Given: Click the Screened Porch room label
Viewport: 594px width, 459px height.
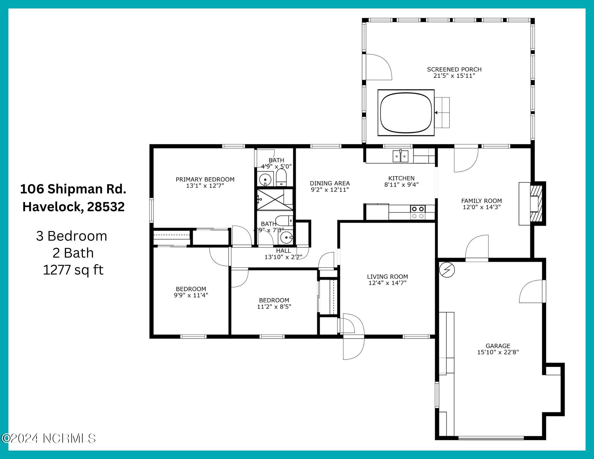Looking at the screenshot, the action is [x=454, y=70].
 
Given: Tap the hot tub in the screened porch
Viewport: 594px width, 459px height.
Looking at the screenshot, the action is [x=406, y=113].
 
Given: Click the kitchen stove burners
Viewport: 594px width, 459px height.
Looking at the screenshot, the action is [x=418, y=212].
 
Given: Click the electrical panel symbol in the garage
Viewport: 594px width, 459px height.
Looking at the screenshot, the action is [x=447, y=270].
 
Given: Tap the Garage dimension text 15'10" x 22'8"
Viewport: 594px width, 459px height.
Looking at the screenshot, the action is [x=498, y=352].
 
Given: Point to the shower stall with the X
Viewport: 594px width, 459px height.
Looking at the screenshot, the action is [x=275, y=199].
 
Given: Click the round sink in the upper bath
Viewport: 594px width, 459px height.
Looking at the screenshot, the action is [x=265, y=179].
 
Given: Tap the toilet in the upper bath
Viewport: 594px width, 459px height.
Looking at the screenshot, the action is [x=281, y=178].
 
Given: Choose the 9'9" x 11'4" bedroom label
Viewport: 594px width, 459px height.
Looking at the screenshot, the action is [x=191, y=292].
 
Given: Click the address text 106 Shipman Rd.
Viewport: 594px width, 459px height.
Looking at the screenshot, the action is [x=73, y=189].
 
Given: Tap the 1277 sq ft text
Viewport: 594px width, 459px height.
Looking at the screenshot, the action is [x=73, y=270].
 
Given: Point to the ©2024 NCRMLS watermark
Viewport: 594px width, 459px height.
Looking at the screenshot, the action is [x=48, y=439].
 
